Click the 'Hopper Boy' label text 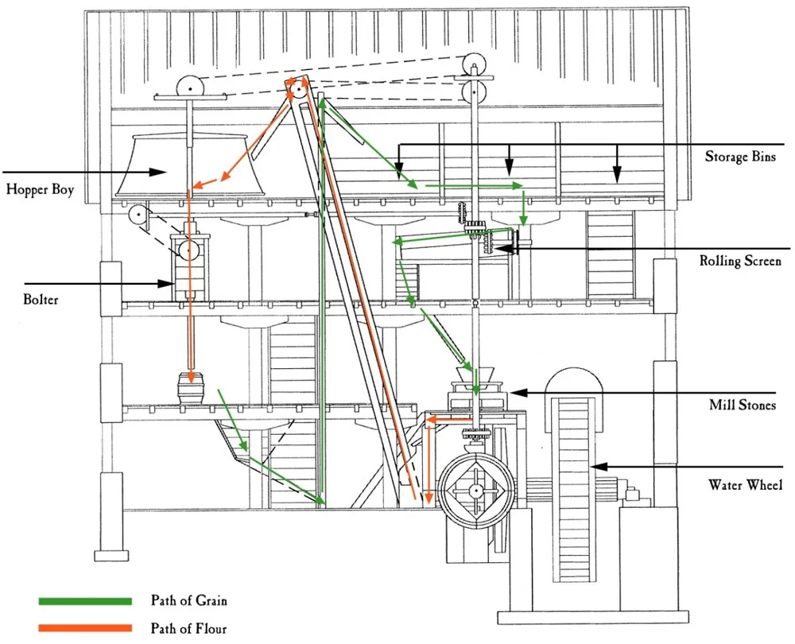pyautogui.click(x=40, y=189)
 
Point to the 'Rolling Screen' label pyautogui.click(x=740, y=260)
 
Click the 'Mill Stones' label pyautogui.click(x=742, y=405)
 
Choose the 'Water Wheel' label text pyautogui.click(x=745, y=484)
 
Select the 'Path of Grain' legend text pyautogui.click(x=189, y=600)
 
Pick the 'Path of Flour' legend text pyautogui.click(x=189, y=629)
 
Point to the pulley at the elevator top pyautogui.click(x=298, y=90)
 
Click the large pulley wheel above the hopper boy pyautogui.click(x=189, y=87)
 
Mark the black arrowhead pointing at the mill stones pyautogui.click(x=512, y=392)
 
